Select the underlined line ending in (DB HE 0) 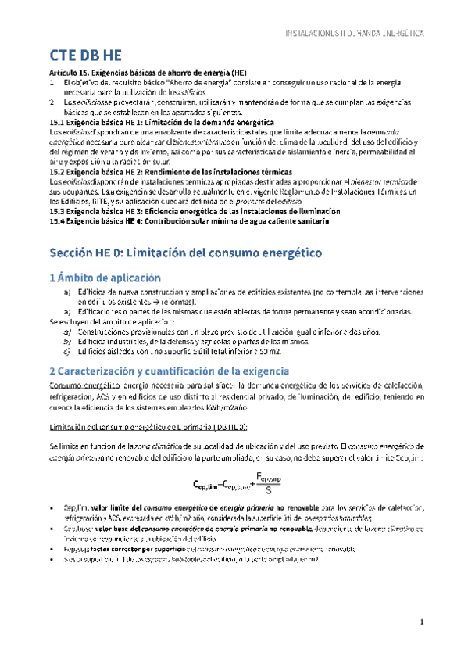click(148, 426)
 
